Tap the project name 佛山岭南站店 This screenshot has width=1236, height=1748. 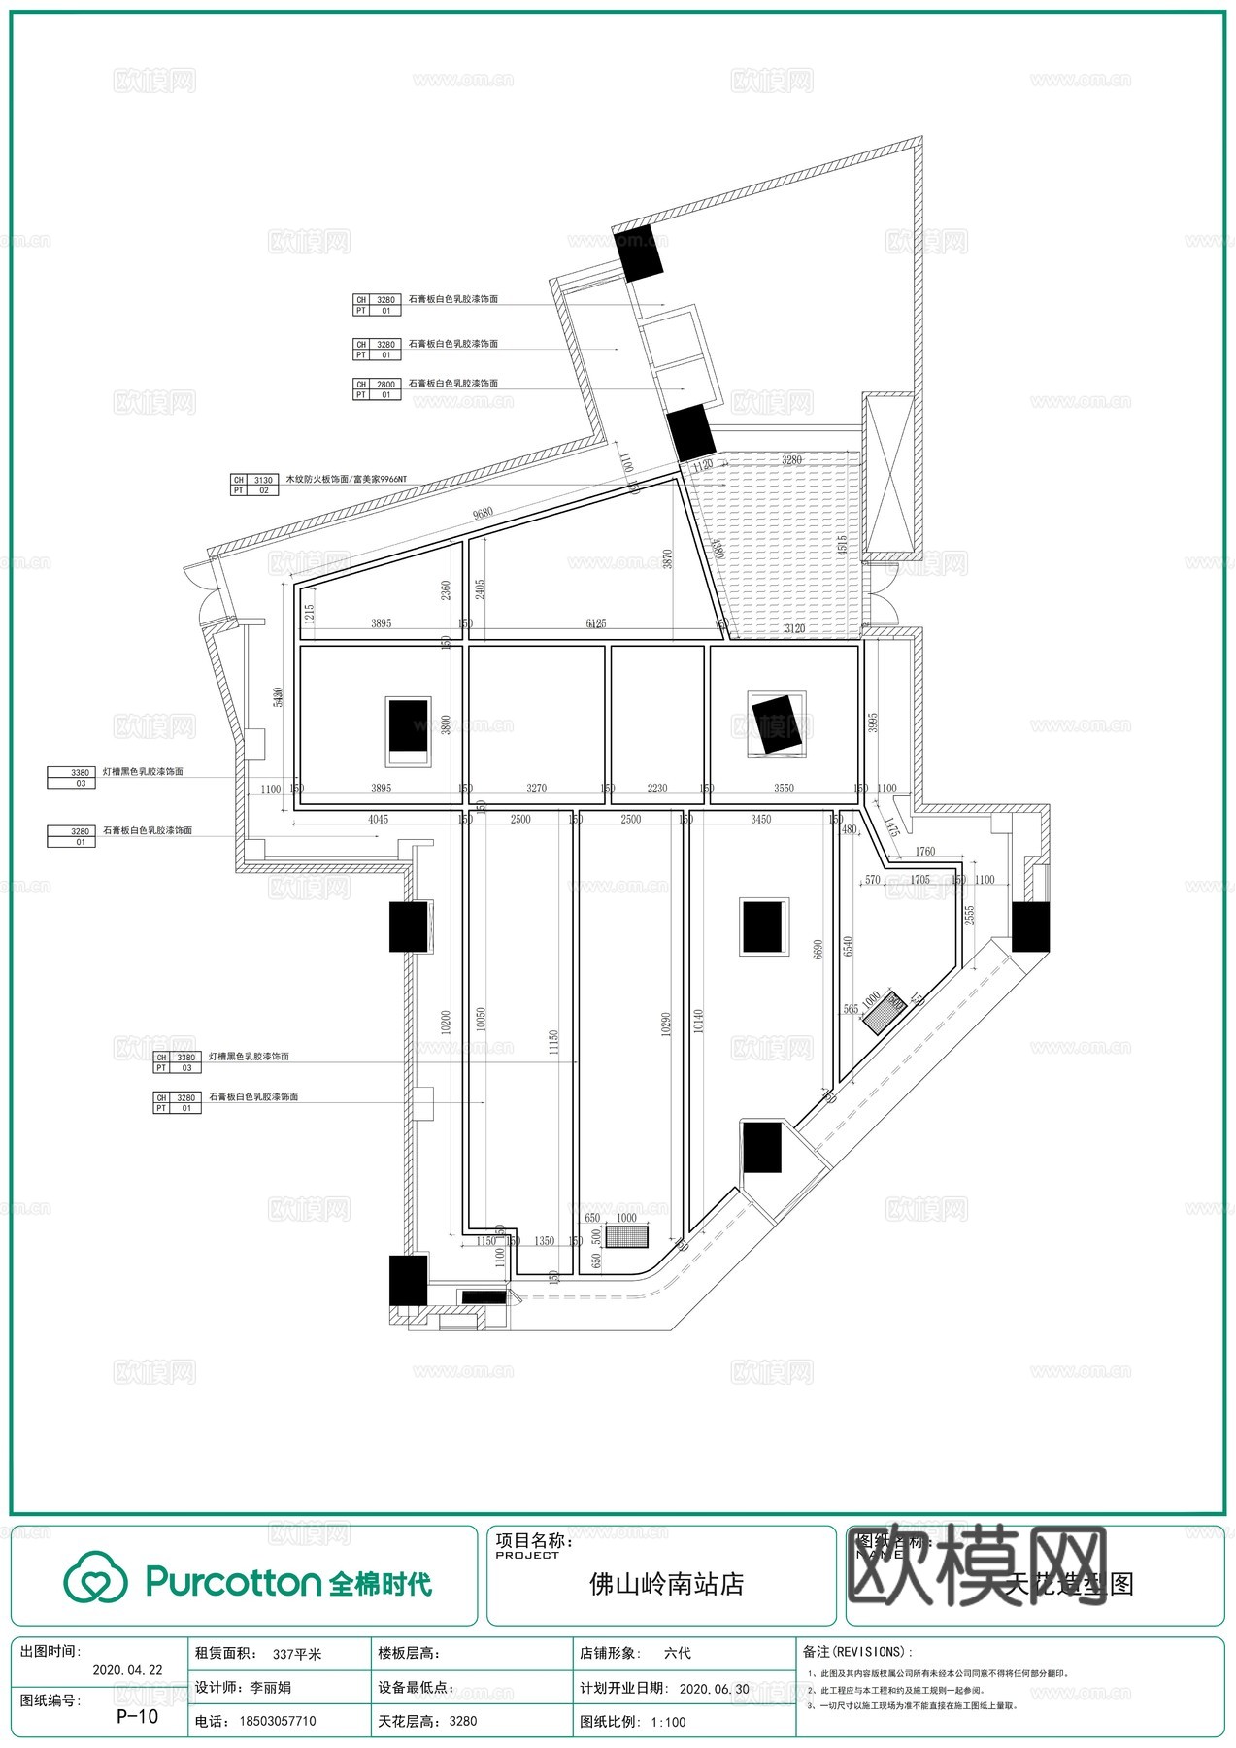click(x=666, y=1584)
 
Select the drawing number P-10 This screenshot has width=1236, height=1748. click(x=137, y=1716)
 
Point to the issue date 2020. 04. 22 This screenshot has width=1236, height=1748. click(x=127, y=1670)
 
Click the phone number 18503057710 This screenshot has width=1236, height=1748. click(x=278, y=1721)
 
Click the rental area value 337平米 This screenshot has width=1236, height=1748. click(x=297, y=1653)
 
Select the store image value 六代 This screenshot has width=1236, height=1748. click(x=678, y=1653)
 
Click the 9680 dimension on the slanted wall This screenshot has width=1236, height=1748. click(x=483, y=513)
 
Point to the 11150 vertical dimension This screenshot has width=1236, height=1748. click(x=553, y=1042)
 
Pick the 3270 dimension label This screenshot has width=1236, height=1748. click(x=536, y=789)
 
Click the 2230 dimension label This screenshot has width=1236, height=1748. click(x=657, y=789)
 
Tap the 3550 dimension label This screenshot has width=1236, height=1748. click(x=784, y=789)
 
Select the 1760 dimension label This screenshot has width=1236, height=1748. click(x=925, y=852)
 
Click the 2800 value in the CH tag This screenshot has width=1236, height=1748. click(x=385, y=385)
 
